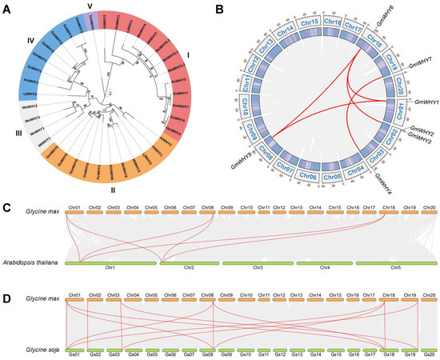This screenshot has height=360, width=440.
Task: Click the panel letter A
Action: pos(7,10)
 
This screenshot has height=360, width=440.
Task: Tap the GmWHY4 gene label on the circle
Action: pos(385,176)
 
